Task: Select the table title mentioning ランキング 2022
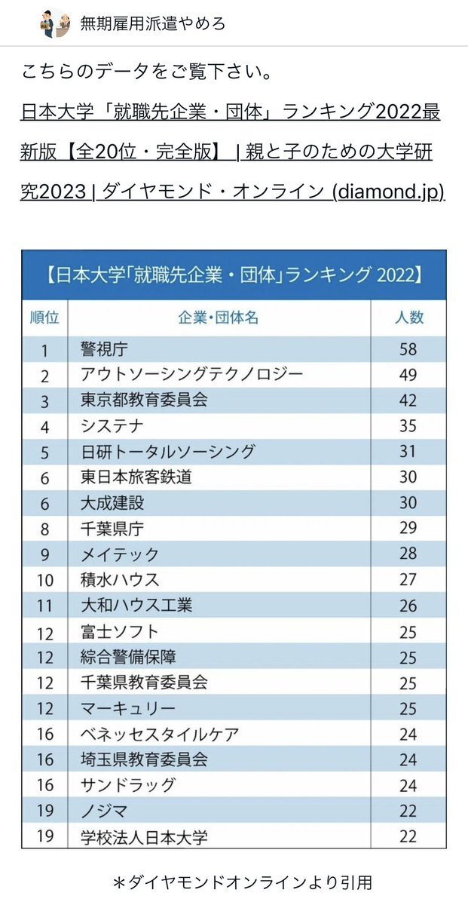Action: pos(234,275)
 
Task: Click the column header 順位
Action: pos(44,318)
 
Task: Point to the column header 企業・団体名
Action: pos(219,318)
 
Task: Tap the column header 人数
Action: pos(408,318)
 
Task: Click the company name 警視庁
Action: pos(105,348)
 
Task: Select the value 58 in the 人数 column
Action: pos(408,348)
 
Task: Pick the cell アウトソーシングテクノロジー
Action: pos(191,374)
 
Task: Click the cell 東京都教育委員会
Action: pos(144,400)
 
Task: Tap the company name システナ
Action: pos(112,426)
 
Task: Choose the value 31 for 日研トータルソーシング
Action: pos(408,452)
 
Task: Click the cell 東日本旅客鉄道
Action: pos(136,477)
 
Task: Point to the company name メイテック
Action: pos(119,554)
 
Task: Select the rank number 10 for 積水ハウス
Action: pos(44,580)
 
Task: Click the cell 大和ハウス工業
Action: pos(136,606)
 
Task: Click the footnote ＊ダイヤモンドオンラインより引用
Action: pos(234,882)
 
